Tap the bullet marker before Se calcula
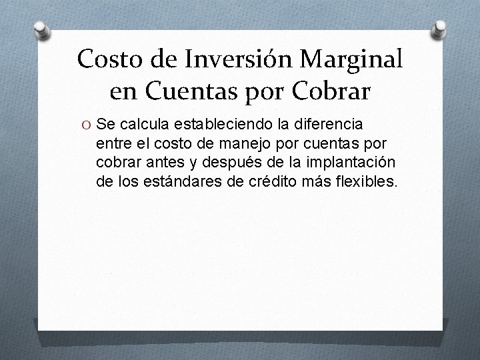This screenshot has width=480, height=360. click(x=87, y=123)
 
